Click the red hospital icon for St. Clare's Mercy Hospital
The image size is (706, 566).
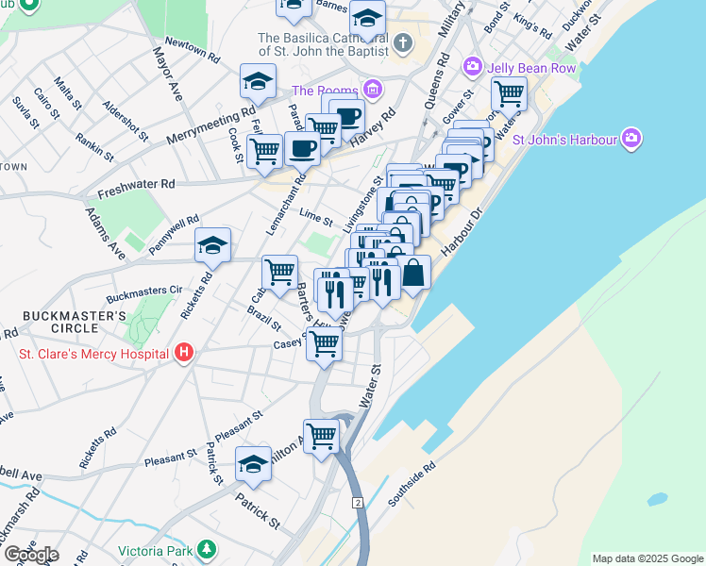click(x=184, y=353)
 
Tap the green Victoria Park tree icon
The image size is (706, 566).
click(x=206, y=550)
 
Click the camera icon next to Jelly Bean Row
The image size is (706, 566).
click(x=471, y=67)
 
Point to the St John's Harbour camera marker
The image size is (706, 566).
click(x=631, y=140)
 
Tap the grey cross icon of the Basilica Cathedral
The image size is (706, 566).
click(x=403, y=43)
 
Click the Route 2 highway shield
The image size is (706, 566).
click(x=358, y=502)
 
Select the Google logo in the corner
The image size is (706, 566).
click(x=30, y=555)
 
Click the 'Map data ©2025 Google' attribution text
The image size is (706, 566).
click(x=647, y=558)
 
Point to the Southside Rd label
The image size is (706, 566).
click(x=409, y=481)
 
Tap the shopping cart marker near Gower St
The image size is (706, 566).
click(x=509, y=93)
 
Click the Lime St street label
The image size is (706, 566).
click(x=315, y=219)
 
